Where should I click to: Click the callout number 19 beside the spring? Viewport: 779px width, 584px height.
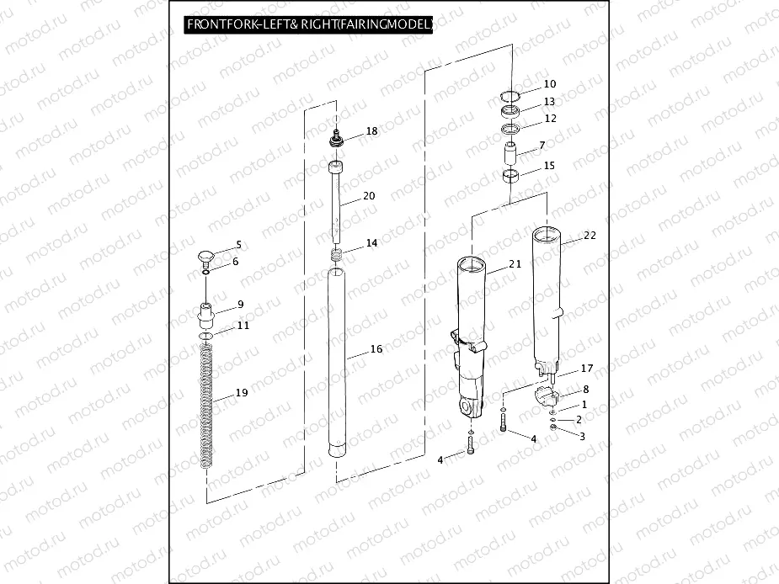pos(241,393)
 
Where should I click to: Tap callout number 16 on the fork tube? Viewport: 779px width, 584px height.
pos(376,348)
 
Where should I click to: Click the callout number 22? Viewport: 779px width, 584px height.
pos(590,236)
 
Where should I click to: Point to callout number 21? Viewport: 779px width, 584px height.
pos(515,264)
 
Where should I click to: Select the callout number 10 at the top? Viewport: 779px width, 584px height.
pos(549,84)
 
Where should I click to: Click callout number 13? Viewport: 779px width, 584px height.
pos(549,102)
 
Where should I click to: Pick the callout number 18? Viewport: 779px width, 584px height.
pos(371,132)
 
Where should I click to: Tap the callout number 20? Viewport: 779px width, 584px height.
pos(368,195)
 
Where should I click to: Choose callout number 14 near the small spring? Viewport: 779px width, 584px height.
pos(371,243)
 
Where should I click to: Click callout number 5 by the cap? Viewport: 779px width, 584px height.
pos(238,245)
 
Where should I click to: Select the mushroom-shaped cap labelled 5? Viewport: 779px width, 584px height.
pos(206,254)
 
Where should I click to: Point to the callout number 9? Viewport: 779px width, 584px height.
pos(240,305)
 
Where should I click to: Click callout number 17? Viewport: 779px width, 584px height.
pos(587,369)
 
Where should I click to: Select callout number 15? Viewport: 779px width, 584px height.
pos(549,166)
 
